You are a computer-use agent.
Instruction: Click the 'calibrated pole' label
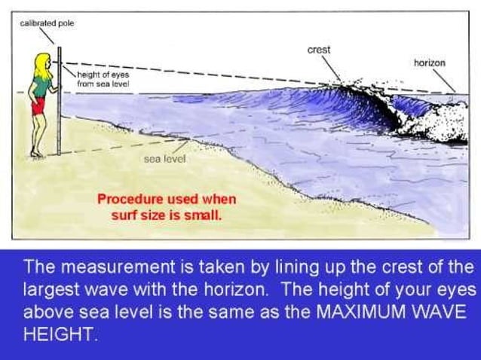point(47,23)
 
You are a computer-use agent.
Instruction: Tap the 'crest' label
point(319,50)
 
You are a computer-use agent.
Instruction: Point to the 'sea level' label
point(164,160)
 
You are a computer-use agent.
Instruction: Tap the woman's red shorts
point(38,106)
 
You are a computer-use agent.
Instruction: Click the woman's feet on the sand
point(35,154)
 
